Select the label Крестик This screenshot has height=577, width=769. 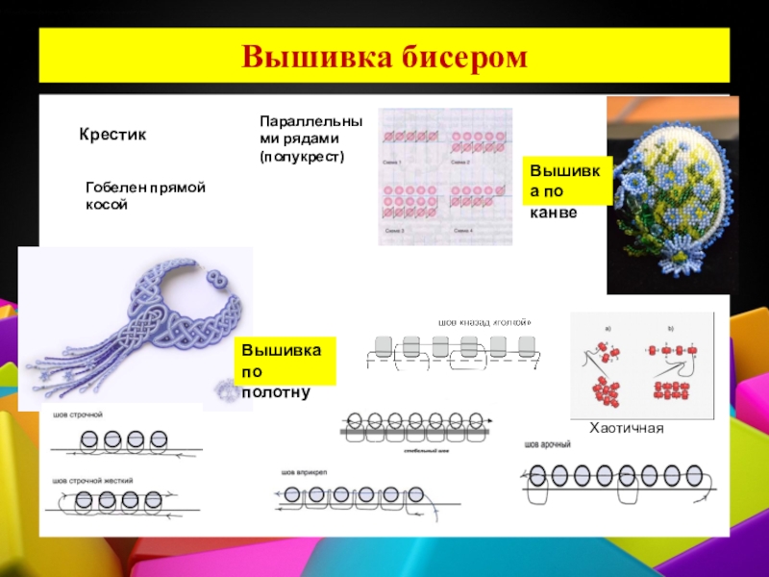click(x=112, y=136)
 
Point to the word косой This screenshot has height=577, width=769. click(x=107, y=205)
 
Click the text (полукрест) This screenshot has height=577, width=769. click(x=302, y=156)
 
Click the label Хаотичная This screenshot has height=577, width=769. click(x=627, y=426)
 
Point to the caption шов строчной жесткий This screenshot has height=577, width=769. click(x=93, y=480)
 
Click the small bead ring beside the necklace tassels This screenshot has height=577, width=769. click(x=223, y=389)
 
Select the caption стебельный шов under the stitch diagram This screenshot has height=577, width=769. click(x=423, y=449)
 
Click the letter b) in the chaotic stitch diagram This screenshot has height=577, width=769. click(x=671, y=329)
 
